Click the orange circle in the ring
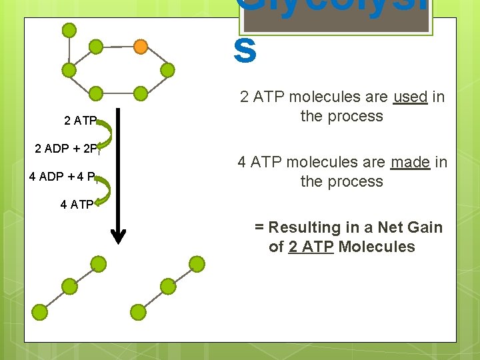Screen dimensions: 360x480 pyautogui.click(x=141, y=47)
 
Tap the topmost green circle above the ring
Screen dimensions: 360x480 pyautogui.click(x=69, y=30)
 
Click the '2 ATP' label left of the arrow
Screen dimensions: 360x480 pyautogui.click(x=80, y=121)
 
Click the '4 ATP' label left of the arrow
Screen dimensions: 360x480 pyautogui.click(x=77, y=205)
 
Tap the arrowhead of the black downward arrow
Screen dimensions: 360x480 pyautogui.click(x=118, y=235)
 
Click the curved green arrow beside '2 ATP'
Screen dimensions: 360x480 pyautogui.click(x=107, y=133)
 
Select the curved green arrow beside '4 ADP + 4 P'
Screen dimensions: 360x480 pyautogui.click(x=103, y=190)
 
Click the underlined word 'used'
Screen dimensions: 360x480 pyautogui.click(x=410, y=97)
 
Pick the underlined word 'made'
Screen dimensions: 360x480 pyautogui.click(x=409, y=162)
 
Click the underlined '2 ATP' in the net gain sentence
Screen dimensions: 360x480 pyautogui.click(x=311, y=247)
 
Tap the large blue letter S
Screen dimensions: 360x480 pyautogui.click(x=245, y=52)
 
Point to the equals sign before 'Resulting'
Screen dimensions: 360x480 pyautogui.click(x=259, y=227)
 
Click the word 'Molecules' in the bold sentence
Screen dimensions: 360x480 pyautogui.click(x=377, y=247)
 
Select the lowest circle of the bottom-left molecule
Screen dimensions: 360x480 pyautogui.click(x=40, y=311)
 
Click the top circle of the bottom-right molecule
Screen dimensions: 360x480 pyautogui.click(x=196, y=263)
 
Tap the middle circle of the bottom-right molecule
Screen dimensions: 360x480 pyautogui.click(x=167, y=287)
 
